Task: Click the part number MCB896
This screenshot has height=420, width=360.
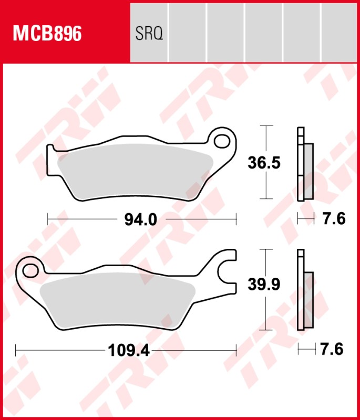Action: [47, 34]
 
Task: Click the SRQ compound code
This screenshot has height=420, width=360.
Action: [150, 34]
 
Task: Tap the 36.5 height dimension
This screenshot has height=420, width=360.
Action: [264, 163]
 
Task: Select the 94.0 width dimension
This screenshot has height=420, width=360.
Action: [141, 218]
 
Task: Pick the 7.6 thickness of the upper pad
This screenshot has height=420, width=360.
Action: [333, 218]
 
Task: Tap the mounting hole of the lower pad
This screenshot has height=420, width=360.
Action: [30, 270]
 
